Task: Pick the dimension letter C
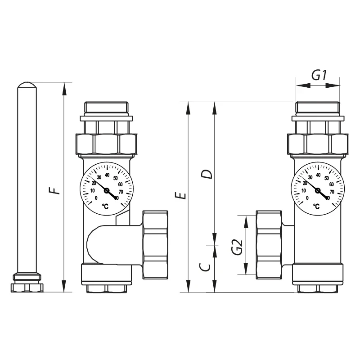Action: point(205,267)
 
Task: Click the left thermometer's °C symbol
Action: point(105,206)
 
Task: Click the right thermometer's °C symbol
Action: point(316,207)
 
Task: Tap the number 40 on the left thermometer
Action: point(107,175)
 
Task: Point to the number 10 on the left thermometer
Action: point(93,191)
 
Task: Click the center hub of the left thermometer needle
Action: point(107,191)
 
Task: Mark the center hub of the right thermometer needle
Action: point(318,191)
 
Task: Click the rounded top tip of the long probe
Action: point(27,84)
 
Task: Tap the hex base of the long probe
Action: point(27,287)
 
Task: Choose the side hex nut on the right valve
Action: point(269,243)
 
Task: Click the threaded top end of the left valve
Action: point(107,108)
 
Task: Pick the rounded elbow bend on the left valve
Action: point(97,245)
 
